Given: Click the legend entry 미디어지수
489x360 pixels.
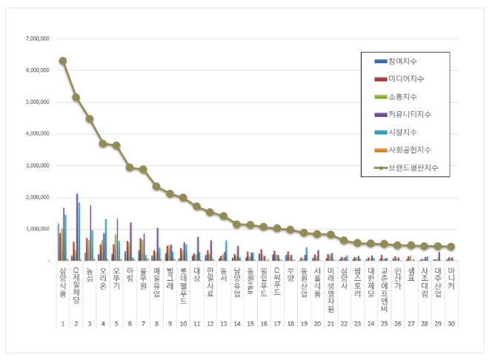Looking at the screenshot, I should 405,78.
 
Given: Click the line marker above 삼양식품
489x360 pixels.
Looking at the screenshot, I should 63,61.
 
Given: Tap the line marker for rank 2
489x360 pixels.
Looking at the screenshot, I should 76,97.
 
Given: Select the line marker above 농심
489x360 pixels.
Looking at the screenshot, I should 90,119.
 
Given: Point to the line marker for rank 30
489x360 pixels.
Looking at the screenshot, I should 451,247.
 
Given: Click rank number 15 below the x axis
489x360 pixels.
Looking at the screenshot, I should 250,324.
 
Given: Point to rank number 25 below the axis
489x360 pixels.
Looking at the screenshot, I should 384,324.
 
